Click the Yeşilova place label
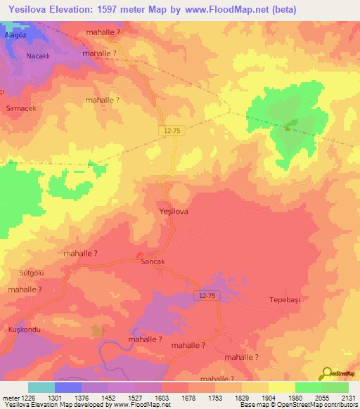coord(172,211)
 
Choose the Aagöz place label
coord(15,33)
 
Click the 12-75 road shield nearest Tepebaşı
coord(207,297)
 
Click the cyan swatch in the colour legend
coord(41,387)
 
